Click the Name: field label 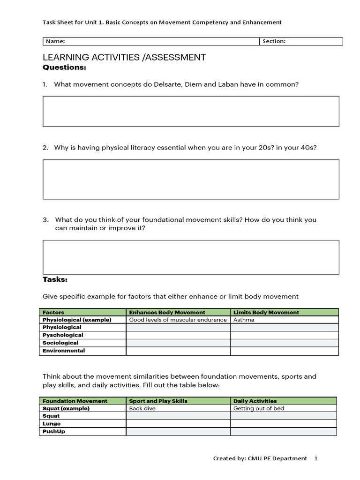click(x=55, y=41)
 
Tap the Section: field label click(x=274, y=41)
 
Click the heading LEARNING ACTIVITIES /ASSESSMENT click(x=124, y=58)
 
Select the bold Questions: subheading click(x=64, y=67)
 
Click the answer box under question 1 click(x=191, y=111)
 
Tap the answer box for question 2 click(x=191, y=179)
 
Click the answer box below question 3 click(x=191, y=257)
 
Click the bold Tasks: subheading click(x=55, y=279)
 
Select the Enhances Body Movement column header click(x=167, y=312)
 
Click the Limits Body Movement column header click(x=266, y=312)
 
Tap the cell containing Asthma click(x=244, y=320)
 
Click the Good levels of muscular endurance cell click(x=178, y=320)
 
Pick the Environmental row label click(x=64, y=351)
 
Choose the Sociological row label click(x=60, y=343)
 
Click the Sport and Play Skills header click(x=158, y=401)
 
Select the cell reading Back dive click(x=142, y=408)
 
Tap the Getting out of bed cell click(x=259, y=408)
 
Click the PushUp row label click(x=54, y=431)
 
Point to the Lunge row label click(x=52, y=424)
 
